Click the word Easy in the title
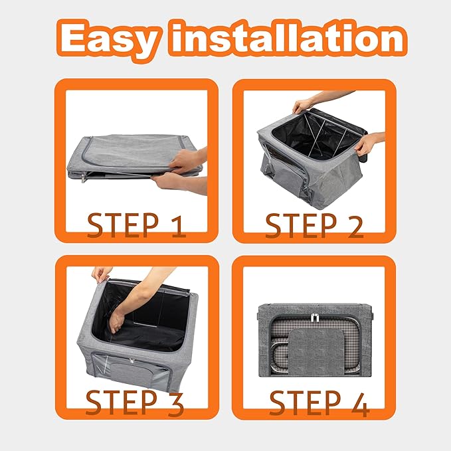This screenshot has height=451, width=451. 108,39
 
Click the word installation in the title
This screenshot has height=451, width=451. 288,37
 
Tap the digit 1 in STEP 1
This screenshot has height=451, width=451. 177,226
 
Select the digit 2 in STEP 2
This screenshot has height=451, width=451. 355,226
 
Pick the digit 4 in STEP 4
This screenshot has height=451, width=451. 360,404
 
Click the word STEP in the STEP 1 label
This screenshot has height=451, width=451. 122,225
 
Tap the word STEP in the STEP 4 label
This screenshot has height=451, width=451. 305,403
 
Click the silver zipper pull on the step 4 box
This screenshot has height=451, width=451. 316,317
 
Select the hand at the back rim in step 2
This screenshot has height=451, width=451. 303,106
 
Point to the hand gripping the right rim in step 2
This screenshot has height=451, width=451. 365,144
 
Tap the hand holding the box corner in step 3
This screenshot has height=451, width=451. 101,274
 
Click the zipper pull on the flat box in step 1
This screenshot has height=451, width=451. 84,177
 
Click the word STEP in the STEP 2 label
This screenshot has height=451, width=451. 301,226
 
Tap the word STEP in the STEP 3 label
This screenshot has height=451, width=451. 122,403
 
